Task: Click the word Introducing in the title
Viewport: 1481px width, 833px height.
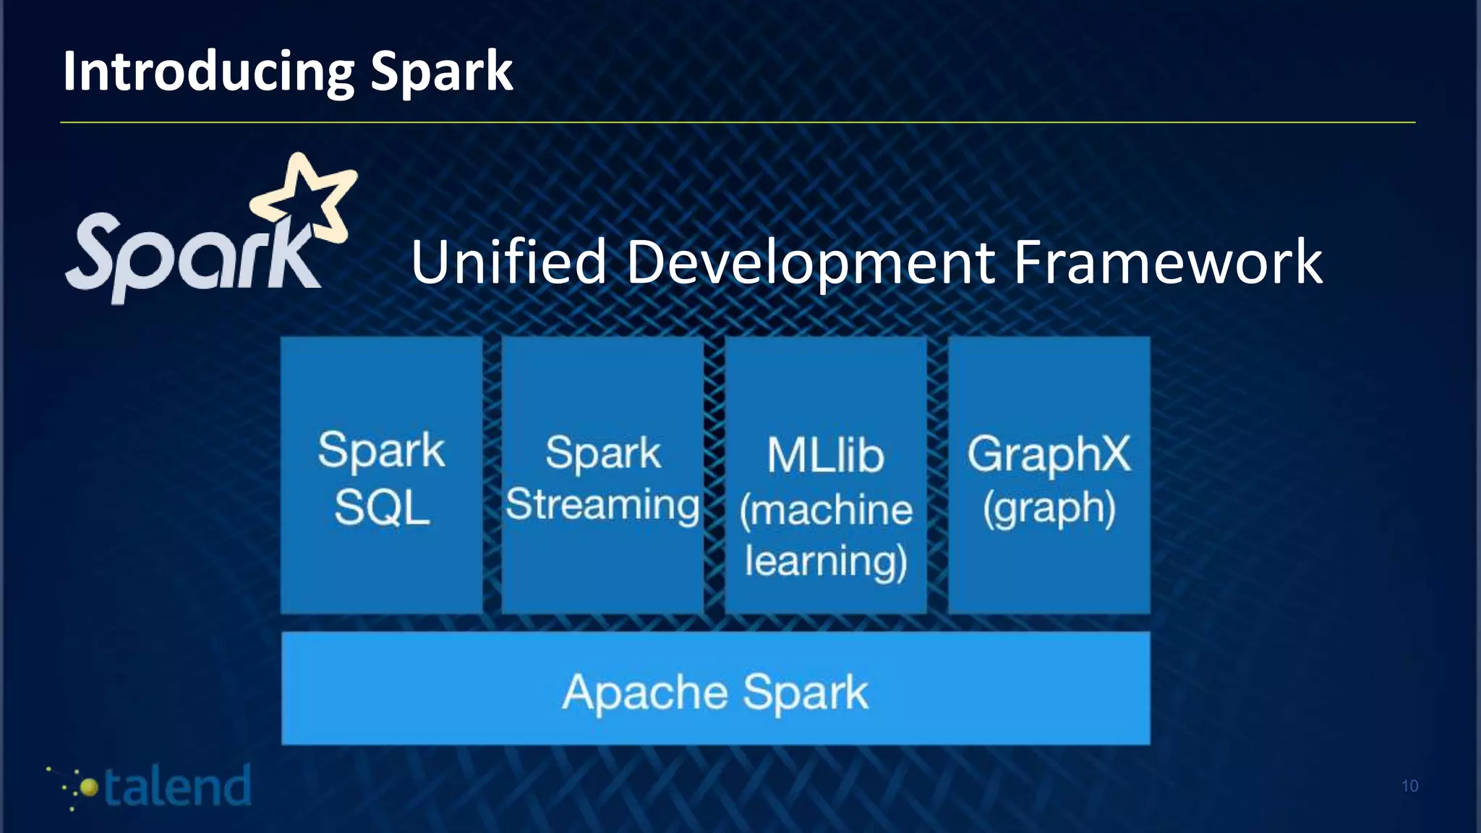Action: tap(208, 72)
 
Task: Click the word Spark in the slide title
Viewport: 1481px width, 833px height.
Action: tap(441, 72)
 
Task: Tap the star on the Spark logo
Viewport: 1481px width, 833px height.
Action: tap(307, 195)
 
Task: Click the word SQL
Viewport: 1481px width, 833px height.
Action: tap(382, 508)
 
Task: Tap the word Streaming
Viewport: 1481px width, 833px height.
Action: tap(602, 505)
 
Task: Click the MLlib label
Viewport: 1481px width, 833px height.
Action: tap(825, 456)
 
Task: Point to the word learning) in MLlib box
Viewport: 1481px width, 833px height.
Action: tap(825, 561)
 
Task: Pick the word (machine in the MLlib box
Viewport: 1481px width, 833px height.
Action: tap(825, 510)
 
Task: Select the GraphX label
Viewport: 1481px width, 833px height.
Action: tap(1049, 454)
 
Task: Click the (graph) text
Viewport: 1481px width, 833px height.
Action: tap(1049, 508)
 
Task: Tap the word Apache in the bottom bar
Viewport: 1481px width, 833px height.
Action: tap(644, 693)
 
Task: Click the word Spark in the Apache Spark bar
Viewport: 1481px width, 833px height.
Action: tap(805, 693)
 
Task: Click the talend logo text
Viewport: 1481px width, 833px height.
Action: tap(177, 787)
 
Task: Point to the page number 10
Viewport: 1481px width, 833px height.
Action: tap(1409, 786)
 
